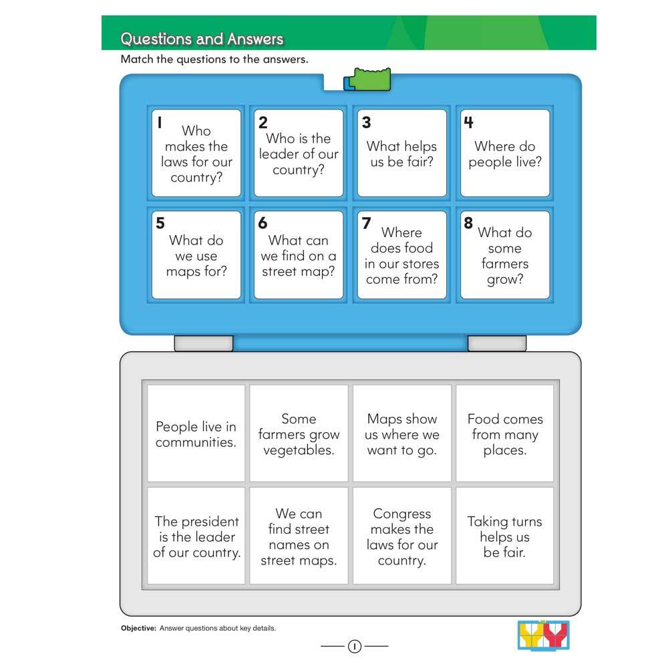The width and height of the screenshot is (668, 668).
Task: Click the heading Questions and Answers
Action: [202, 39]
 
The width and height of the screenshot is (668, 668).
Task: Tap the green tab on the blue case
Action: [370, 79]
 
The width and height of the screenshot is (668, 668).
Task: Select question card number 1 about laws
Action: [196, 154]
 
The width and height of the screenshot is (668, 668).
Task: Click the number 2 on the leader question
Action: [263, 122]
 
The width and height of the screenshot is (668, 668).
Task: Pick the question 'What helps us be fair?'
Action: [401, 154]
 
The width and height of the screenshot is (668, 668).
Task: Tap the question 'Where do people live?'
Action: [505, 154]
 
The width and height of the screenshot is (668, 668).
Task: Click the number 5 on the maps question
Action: [160, 223]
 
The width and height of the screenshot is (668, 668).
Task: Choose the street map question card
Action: [299, 255]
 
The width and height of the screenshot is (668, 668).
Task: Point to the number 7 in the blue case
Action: [366, 223]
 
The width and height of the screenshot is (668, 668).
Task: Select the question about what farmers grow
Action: [505, 255]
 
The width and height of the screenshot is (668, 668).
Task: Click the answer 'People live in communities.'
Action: [196, 434]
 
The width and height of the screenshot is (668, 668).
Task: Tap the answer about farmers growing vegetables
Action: [299, 434]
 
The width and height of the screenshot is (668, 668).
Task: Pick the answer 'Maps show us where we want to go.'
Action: [402, 434]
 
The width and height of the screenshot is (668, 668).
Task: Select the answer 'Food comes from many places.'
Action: [505, 434]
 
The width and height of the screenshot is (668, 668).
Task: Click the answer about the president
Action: [196, 536]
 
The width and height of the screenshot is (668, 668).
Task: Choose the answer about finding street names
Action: [299, 536]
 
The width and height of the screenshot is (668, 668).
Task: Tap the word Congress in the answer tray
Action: [402, 514]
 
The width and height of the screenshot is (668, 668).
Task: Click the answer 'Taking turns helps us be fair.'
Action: [505, 536]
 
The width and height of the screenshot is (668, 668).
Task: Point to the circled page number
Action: [354, 646]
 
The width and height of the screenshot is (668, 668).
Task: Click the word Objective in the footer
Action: [138, 628]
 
